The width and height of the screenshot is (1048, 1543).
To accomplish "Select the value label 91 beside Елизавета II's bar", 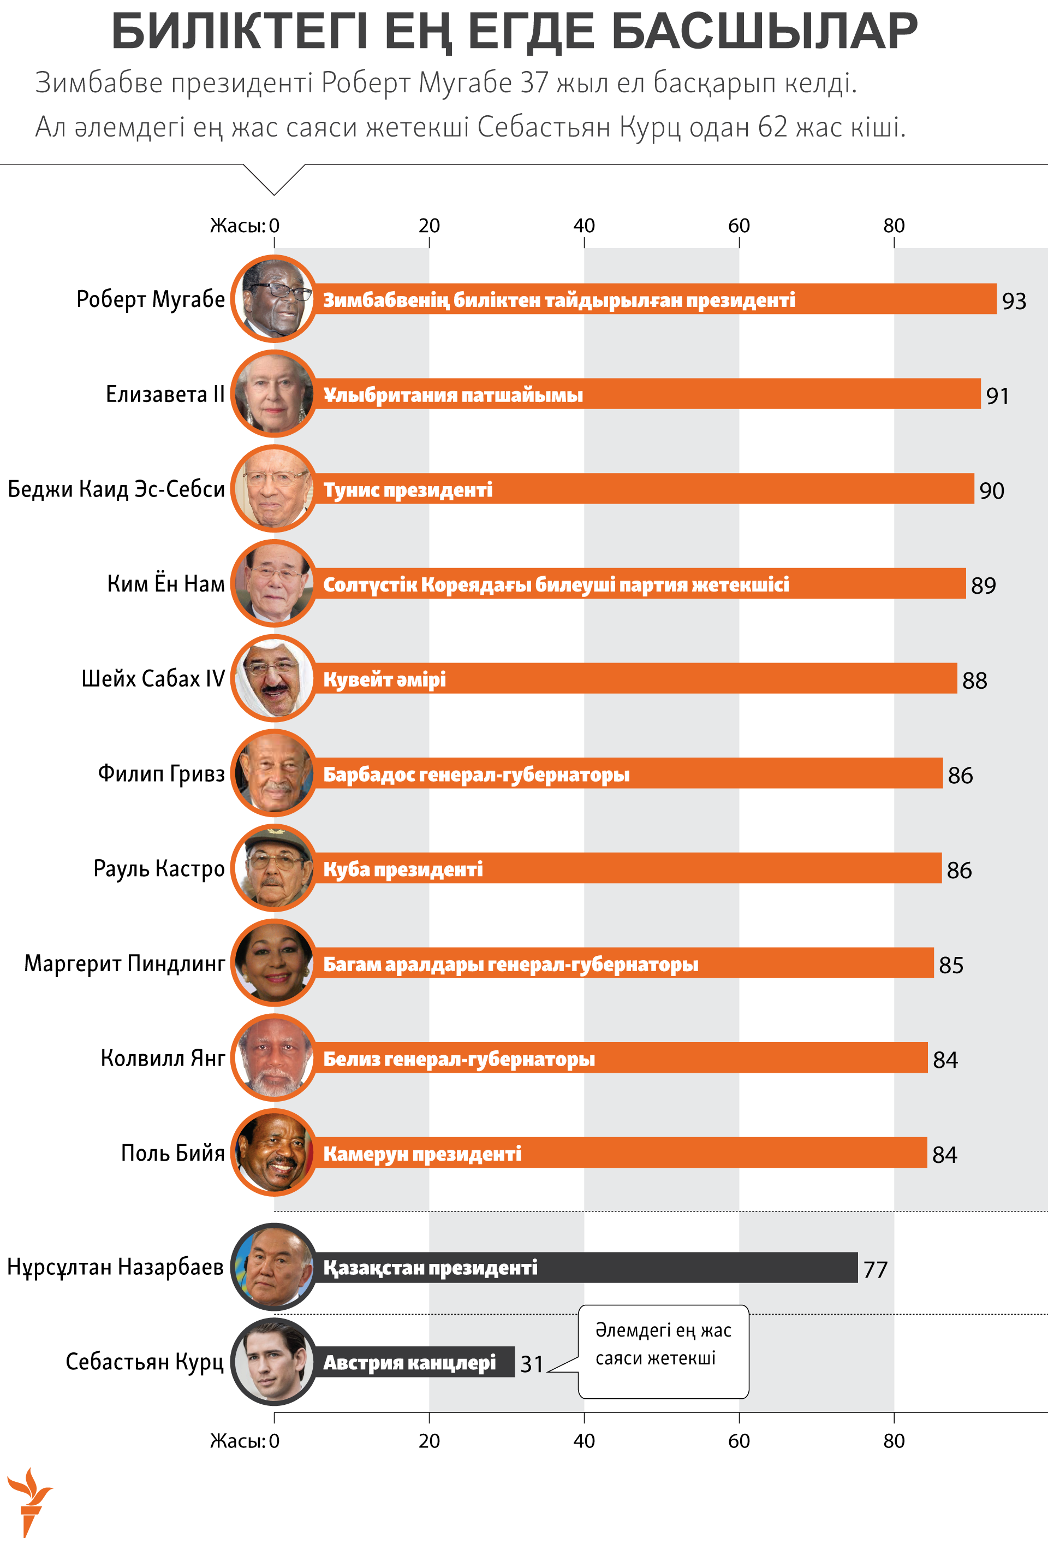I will click(997, 395).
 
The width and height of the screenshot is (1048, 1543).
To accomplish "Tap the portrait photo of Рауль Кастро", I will click(274, 868).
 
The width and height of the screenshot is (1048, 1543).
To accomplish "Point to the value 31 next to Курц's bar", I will click(532, 1364).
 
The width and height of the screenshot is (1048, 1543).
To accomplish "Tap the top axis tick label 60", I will click(739, 226).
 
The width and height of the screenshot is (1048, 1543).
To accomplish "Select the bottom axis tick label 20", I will click(429, 1441).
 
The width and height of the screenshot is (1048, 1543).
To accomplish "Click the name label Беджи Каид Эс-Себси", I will click(116, 489).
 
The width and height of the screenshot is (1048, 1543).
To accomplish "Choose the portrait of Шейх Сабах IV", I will click(274, 678).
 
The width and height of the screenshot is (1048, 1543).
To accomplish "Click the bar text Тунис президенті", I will click(408, 490).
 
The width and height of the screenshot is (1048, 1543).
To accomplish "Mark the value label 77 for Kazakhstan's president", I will click(875, 1269).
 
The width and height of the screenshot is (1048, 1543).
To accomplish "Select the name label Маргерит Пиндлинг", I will click(124, 963).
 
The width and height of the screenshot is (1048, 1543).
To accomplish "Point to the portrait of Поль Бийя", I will click(274, 1152).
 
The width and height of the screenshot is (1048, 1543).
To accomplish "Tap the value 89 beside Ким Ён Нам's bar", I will click(983, 586).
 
